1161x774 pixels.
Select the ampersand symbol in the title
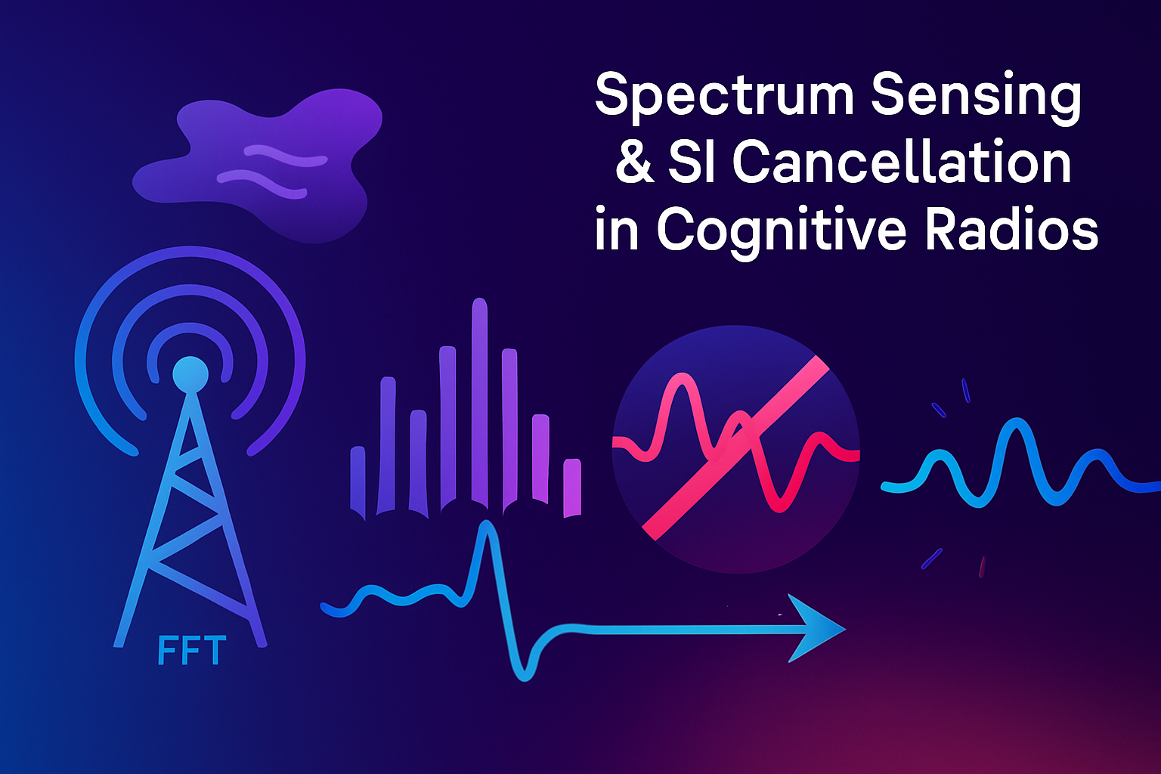633,163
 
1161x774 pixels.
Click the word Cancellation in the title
902,163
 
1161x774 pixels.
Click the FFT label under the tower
192,651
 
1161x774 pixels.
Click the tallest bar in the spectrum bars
479,401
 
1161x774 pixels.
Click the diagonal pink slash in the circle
735,447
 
